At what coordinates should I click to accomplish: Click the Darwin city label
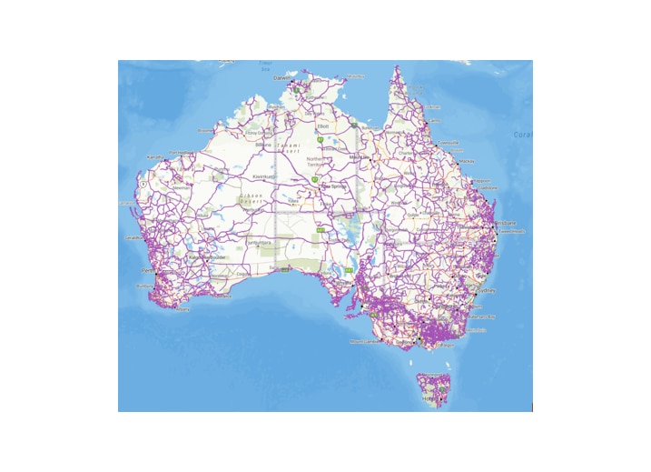click(x=281, y=78)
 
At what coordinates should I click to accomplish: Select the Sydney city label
click(x=487, y=290)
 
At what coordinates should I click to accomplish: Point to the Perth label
click(x=145, y=270)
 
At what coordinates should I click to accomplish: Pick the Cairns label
click(x=434, y=120)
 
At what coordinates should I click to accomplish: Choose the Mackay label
click(x=468, y=161)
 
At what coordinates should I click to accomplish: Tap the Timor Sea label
click(x=266, y=65)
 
